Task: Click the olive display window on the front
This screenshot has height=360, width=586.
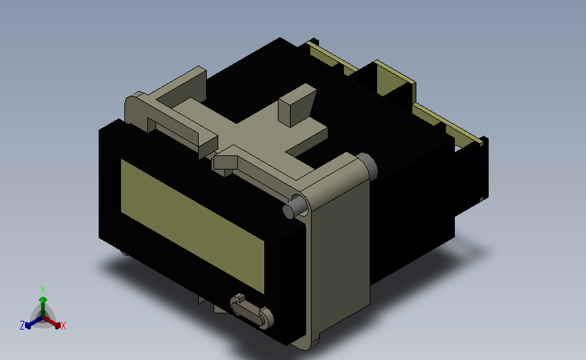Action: click(193, 226)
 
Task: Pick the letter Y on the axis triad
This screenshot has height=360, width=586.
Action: click(43, 290)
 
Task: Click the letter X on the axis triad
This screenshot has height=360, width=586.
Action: click(64, 326)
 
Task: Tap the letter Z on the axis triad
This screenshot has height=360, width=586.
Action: click(22, 326)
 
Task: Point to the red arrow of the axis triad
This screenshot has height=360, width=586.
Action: click(51, 322)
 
